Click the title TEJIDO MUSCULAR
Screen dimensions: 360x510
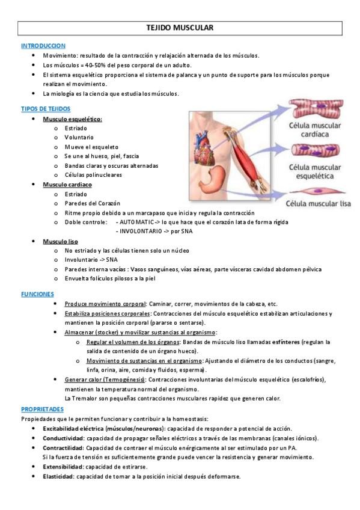point(180,28)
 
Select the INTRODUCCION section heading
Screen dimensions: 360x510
point(43,46)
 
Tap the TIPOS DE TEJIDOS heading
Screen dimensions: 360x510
point(46,109)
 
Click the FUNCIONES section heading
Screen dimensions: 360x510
point(37,294)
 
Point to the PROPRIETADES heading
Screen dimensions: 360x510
point(43,409)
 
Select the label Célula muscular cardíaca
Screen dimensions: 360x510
point(314,130)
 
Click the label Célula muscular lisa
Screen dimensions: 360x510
point(319,203)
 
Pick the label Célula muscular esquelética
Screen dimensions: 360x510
point(314,172)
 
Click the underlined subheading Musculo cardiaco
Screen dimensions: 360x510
point(67,184)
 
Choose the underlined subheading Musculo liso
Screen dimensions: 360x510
point(60,241)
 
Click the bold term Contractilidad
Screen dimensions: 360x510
point(63,447)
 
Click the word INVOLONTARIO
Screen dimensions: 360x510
point(140,231)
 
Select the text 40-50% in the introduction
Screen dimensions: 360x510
point(95,65)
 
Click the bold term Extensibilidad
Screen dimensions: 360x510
point(63,467)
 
